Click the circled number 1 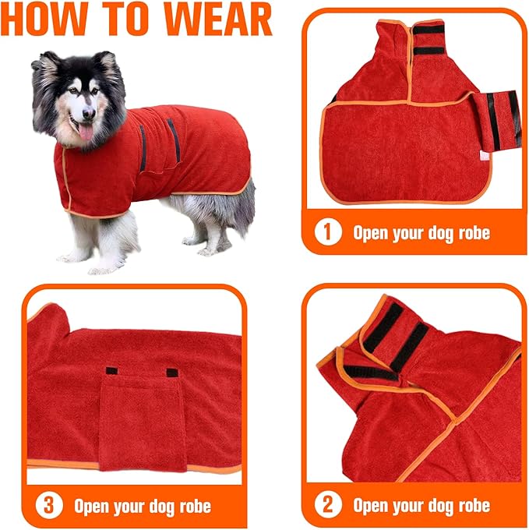tap(329, 232)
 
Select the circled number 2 tap(329, 505)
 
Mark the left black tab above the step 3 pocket tap(111, 371)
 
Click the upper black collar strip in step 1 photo tap(428, 29)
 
